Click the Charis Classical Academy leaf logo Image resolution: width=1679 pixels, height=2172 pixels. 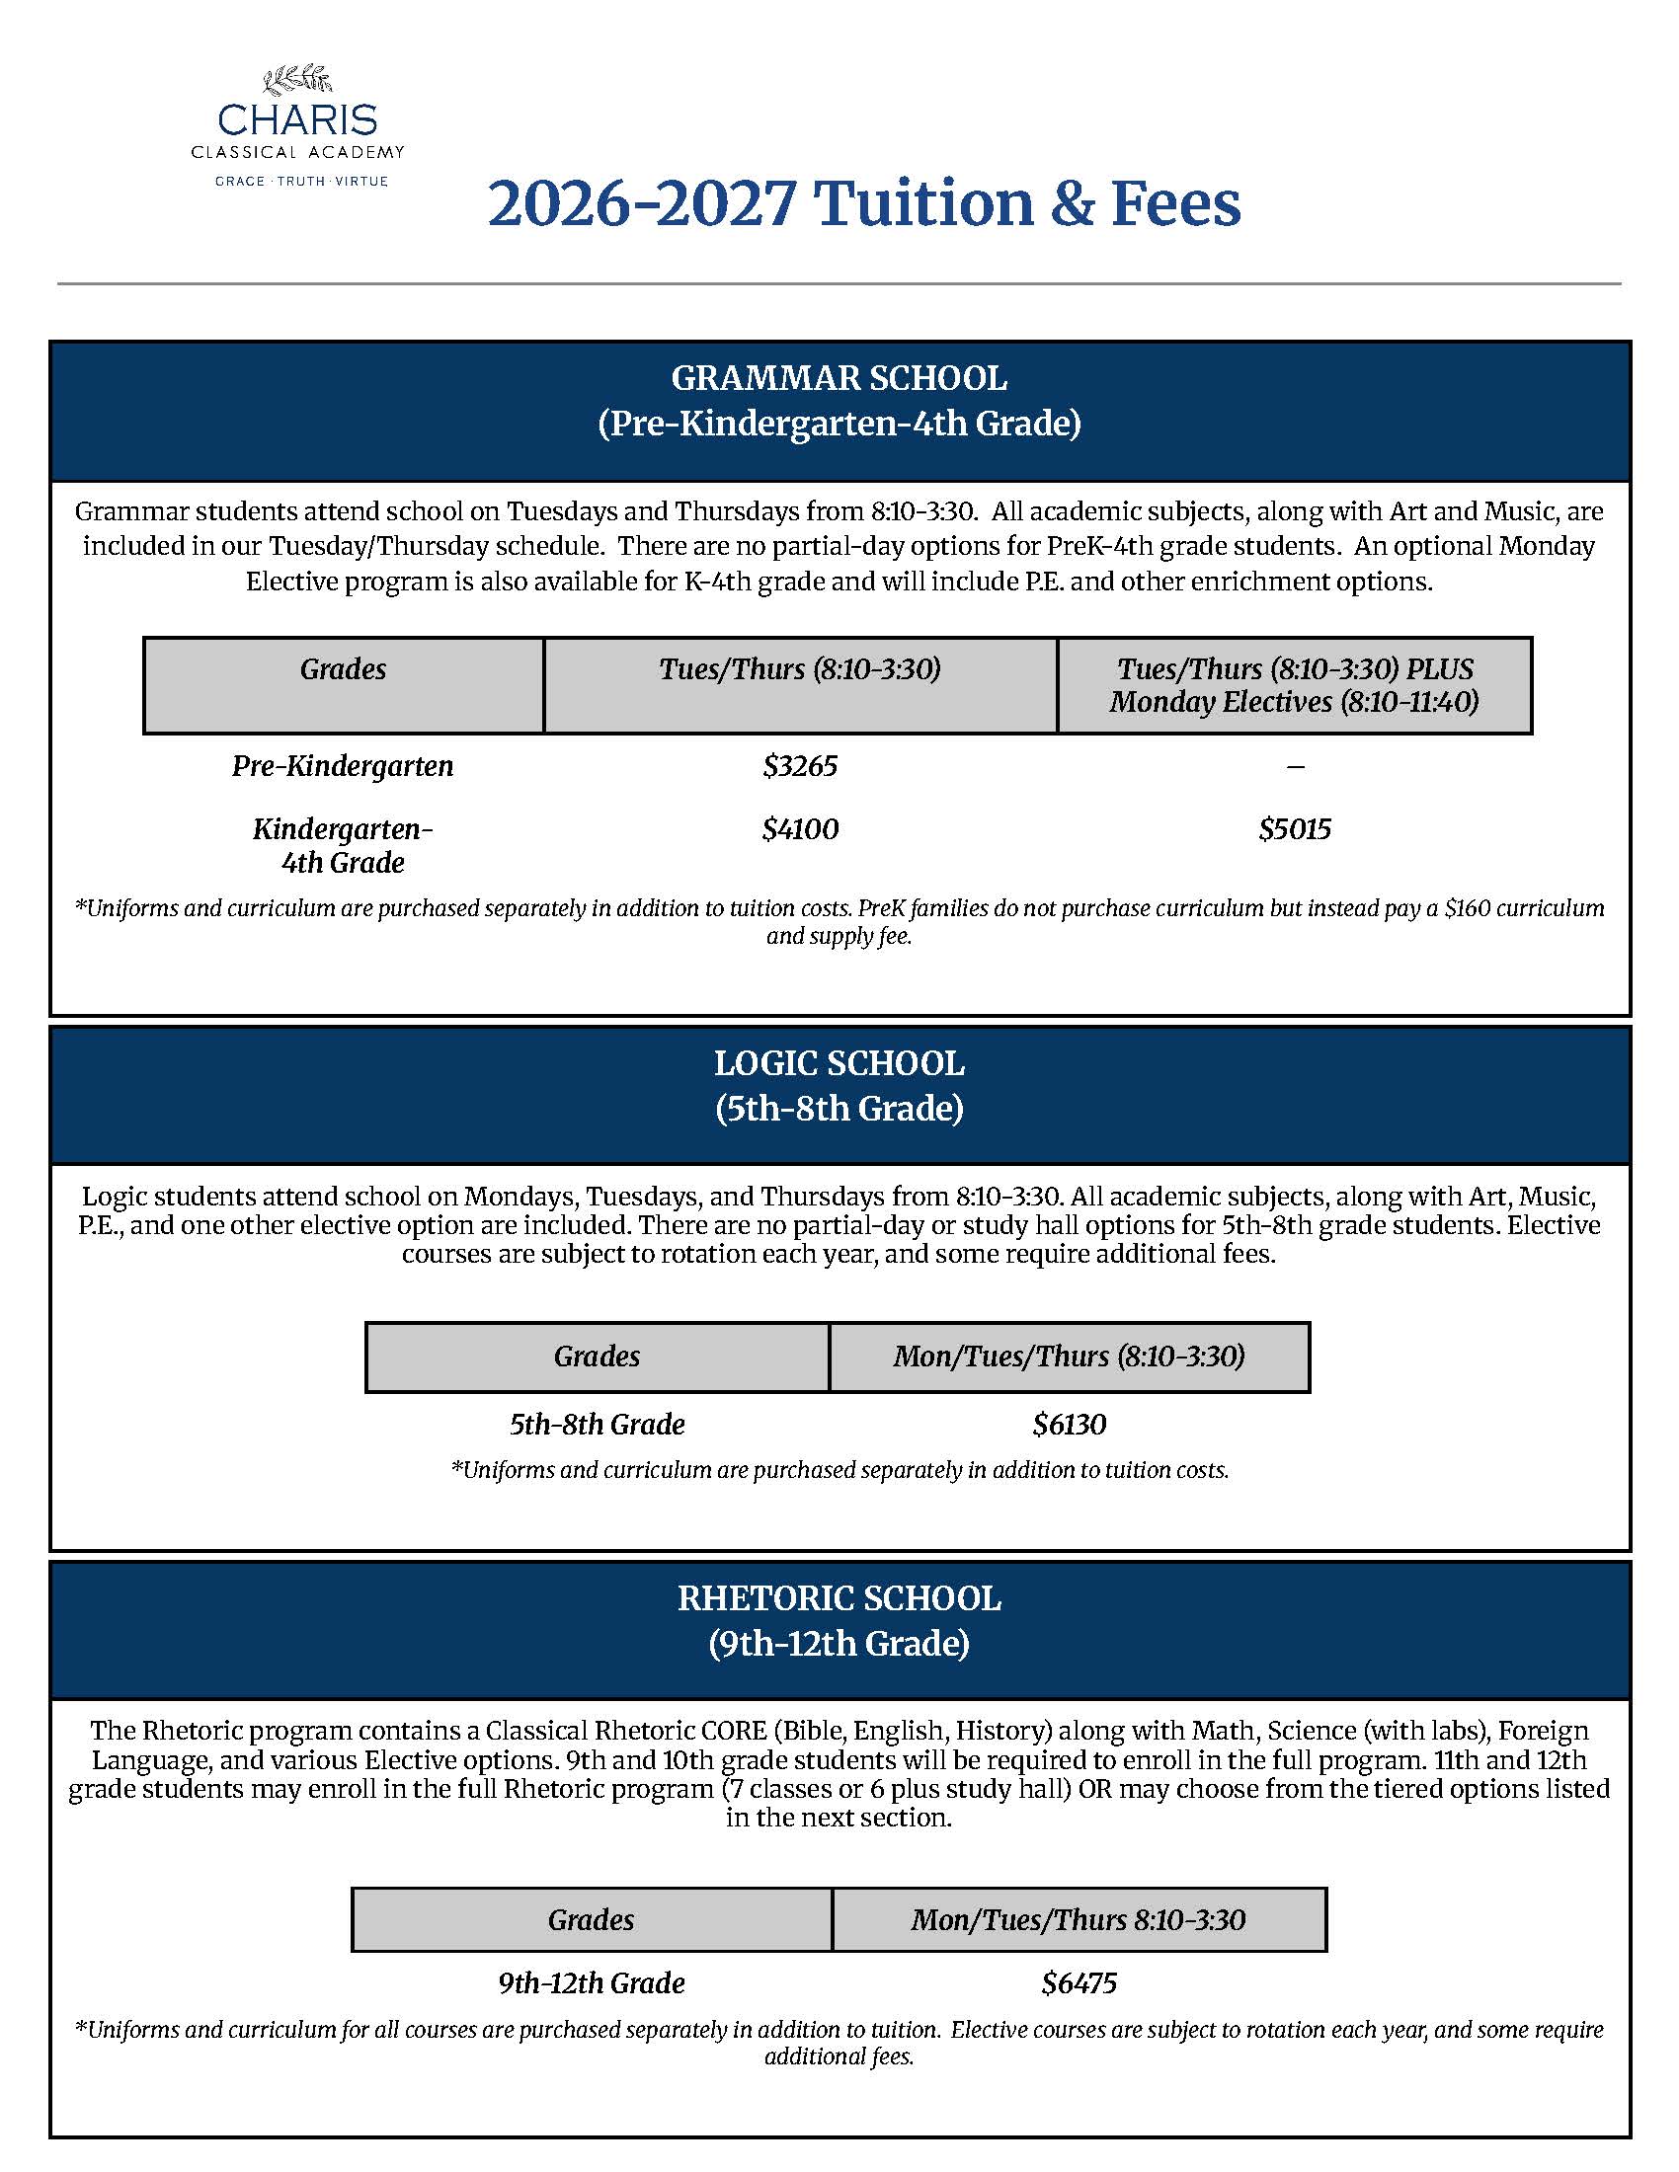[x=296, y=80]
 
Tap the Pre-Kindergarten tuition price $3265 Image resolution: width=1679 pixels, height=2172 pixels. [x=800, y=766]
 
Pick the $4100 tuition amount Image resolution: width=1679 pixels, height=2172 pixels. [x=800, y=829]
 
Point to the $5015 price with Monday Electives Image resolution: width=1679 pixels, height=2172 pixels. [x=1294, y=829]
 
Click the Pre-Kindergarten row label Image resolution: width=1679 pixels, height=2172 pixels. [x=342, y=766]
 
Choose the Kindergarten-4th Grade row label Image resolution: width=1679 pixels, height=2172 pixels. [x=342, y=845]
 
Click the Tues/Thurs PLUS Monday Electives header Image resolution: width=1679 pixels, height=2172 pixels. [x=1294, y=685]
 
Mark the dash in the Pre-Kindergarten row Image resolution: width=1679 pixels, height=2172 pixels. [x=1295, y=767]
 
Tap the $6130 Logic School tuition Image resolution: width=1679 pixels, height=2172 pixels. [x=1069, y=1424]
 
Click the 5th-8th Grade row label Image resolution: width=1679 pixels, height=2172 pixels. [x=597, y=1424]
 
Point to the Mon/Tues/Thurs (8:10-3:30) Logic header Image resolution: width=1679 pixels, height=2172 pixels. [x=1069, y=1357]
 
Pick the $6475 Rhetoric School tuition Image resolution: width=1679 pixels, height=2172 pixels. [x=1079, y=1983]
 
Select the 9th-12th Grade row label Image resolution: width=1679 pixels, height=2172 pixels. [x=591, y=1983]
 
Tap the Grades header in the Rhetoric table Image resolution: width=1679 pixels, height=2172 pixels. [x=591, y=1919]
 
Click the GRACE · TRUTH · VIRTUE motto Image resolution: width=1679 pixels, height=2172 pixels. [x=301, y=181]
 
